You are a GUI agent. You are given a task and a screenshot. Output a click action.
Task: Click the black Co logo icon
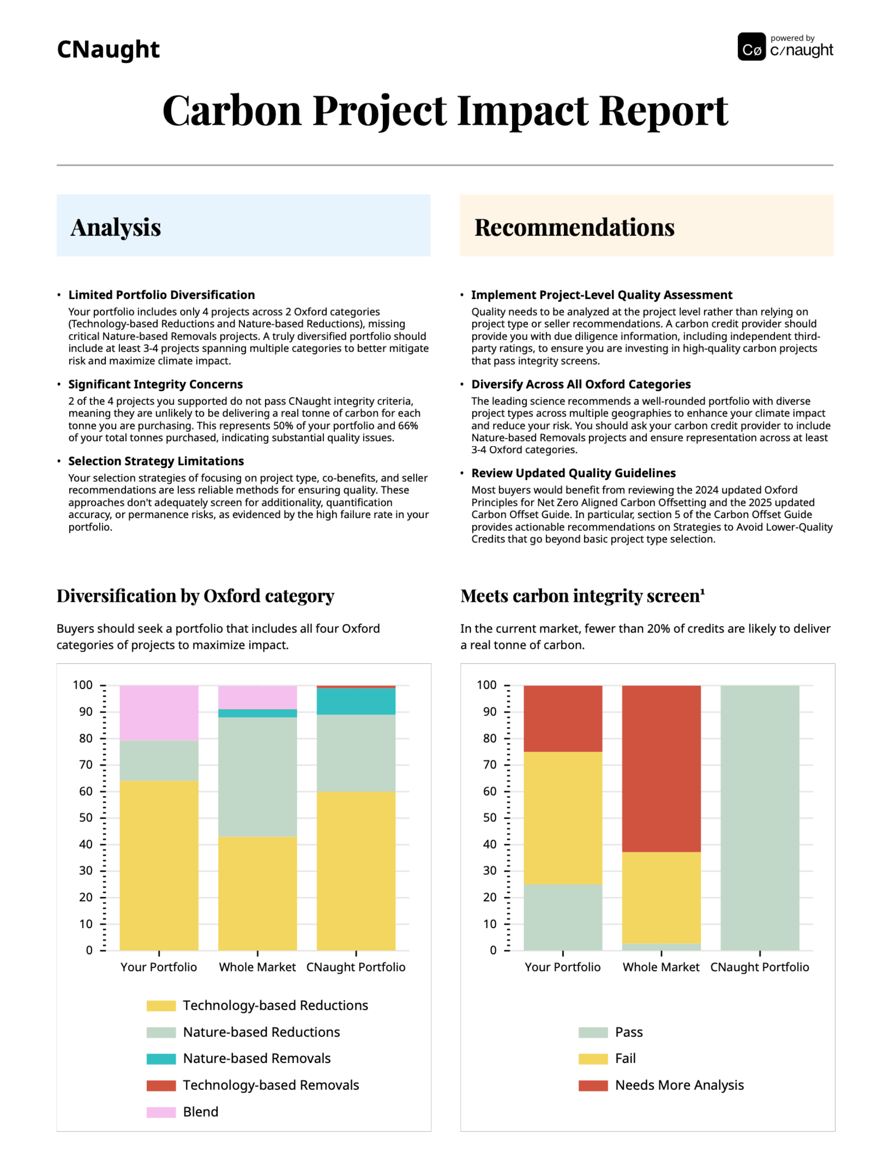pos(751,47)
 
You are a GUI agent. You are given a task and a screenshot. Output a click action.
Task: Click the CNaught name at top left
pos(108,49)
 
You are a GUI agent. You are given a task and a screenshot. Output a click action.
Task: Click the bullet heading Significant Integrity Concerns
pos(155,384)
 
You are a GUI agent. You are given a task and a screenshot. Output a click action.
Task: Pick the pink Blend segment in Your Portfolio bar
pos(159,712)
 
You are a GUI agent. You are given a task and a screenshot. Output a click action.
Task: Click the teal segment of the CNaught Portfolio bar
pos(356,701)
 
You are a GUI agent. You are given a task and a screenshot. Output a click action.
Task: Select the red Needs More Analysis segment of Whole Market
pos(661,768)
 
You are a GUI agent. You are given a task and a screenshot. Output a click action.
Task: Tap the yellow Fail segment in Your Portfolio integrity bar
pos(563,817)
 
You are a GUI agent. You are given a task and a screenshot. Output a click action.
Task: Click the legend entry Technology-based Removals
pos(270,1085)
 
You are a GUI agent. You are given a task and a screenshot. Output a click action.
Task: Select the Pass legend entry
pos(629,1032)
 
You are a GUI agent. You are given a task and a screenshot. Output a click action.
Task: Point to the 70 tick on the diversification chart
pos(86,765)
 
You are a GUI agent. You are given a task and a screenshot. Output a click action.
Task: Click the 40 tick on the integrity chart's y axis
pos(490,844)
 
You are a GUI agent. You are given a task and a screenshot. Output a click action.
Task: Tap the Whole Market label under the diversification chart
pos(257,967)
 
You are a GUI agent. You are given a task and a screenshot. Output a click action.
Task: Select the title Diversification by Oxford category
pos(195,596)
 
